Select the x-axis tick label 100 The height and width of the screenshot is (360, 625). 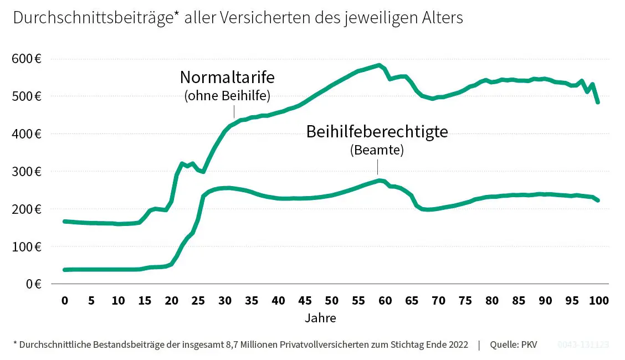tap(599, 301)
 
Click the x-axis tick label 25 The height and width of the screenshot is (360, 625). tap(198, 301)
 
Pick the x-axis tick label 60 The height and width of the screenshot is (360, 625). tap(385, 301)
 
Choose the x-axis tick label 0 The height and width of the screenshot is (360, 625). tap(64, 301)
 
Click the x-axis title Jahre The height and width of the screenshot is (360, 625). tap(320, 318)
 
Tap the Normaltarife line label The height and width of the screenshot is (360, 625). tap(227, 76)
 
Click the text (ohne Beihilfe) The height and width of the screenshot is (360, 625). tap(227, 96)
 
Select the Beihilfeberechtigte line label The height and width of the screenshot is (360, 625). tap(377, 132)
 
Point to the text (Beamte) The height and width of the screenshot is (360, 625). tap(377, 150)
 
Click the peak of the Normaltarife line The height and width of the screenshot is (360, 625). tap(379, 65)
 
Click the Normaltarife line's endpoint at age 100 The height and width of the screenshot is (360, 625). tap(598, 102)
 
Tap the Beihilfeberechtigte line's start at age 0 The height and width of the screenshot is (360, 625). tap(65, 270)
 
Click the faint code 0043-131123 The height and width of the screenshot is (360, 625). tap(583, 344)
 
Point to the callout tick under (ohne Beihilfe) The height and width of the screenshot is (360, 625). tap(234, 112)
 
